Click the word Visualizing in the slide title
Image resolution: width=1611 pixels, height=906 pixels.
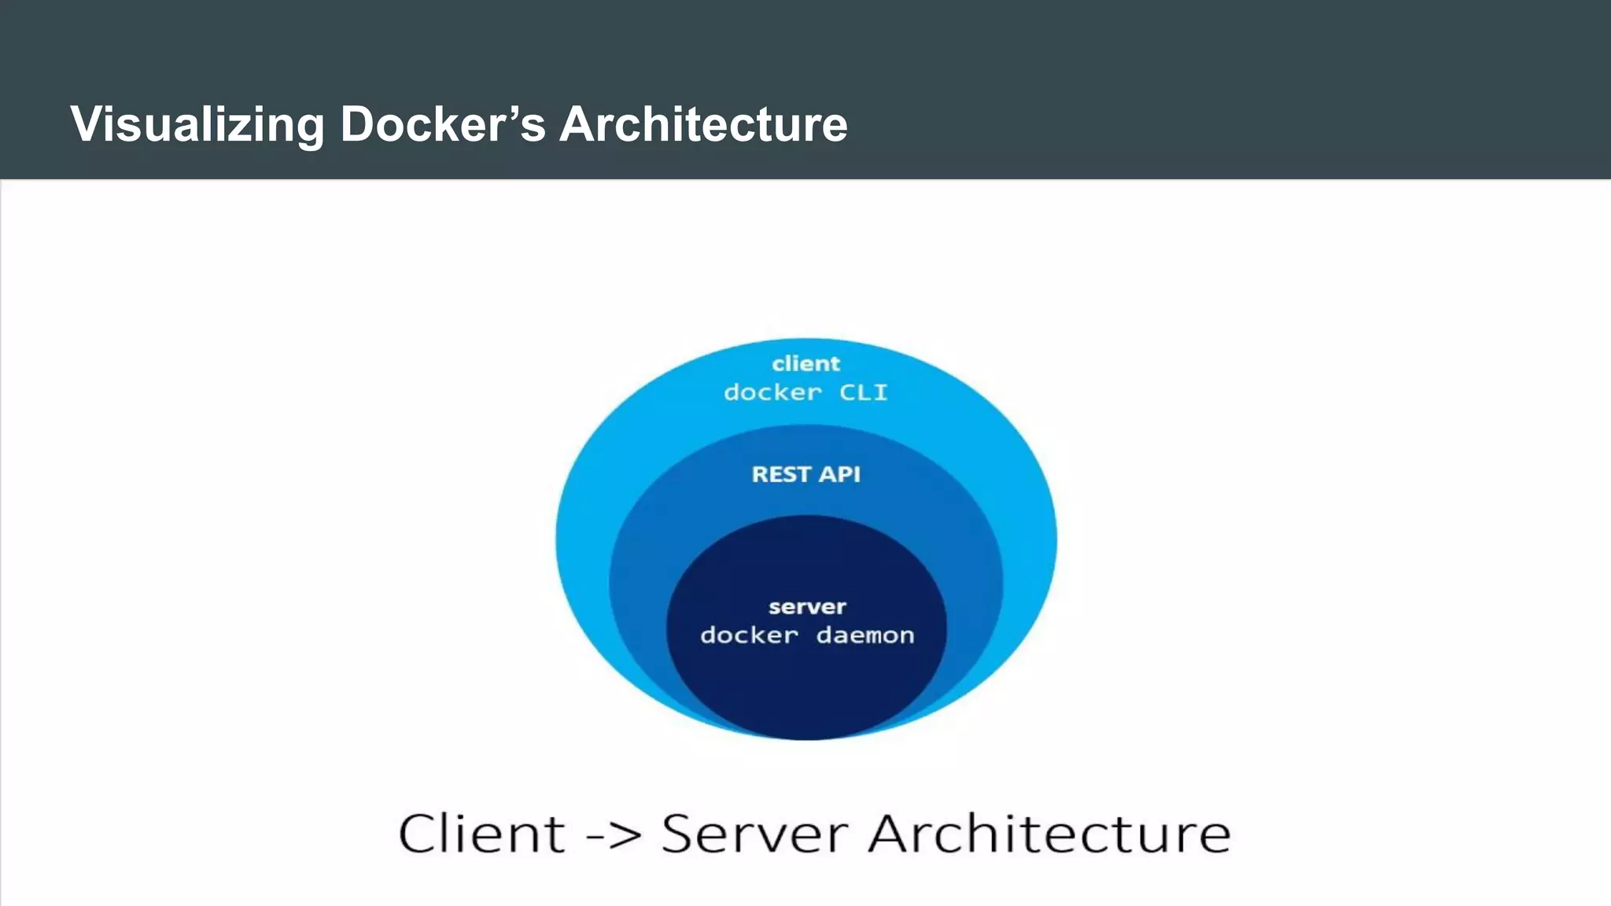tap(197, 124)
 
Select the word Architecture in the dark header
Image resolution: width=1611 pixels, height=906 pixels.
tap(703, 124)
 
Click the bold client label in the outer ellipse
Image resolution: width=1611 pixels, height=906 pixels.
tap(805, 363)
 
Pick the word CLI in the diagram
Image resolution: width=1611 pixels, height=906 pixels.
tap(863, 392)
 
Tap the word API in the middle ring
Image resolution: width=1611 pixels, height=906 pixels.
tap(839, 474)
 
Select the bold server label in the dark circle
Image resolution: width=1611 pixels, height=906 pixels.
tap(807, 606)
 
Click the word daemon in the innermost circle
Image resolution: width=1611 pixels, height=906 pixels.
tap(865, 635)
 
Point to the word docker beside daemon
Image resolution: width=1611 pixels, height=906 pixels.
tap(749, 635)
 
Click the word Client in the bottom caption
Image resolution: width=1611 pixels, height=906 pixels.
tap(481, 834)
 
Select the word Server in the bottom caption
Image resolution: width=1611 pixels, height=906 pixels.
tap(754, 834)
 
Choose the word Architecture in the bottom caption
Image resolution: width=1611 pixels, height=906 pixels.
tap(1049, 834)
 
